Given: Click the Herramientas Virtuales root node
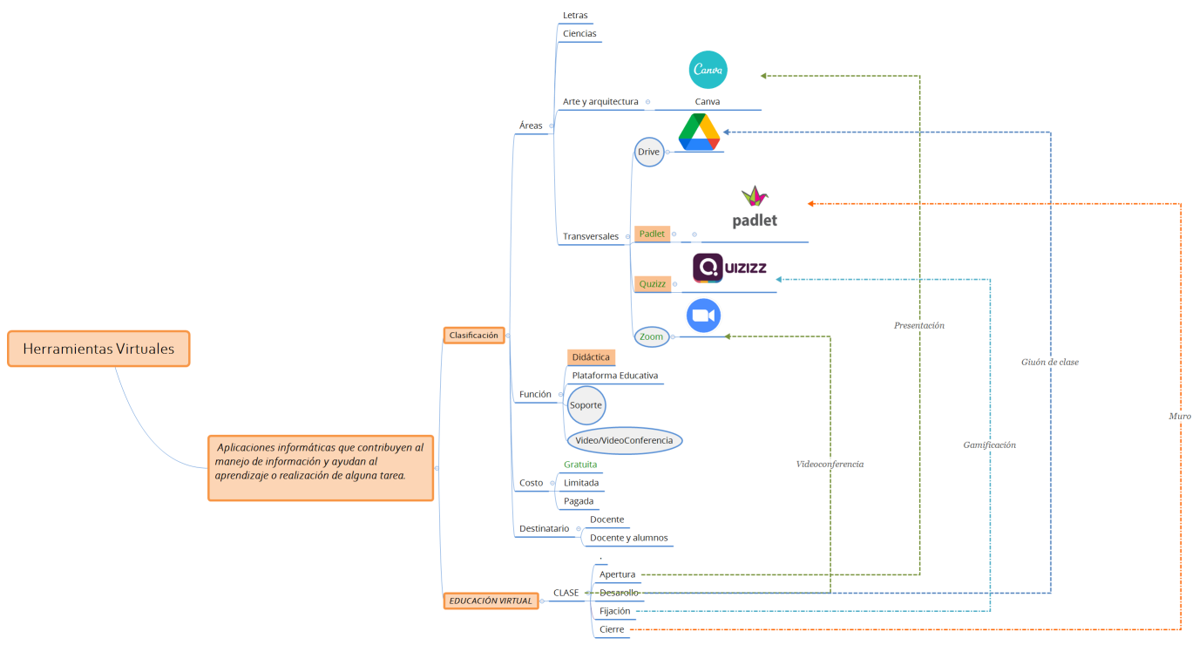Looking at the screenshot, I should coord(98,349).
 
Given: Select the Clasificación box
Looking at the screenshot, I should coord(473,335).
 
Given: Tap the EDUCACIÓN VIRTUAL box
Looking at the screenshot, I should coord(490,601).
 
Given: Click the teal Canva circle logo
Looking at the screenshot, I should coord(708,71).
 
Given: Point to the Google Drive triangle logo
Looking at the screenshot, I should coord(699,132).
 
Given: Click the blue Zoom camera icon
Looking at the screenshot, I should coord(703,316).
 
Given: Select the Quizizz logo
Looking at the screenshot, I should coord(729,268).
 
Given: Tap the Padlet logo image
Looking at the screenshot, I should coord(755,208).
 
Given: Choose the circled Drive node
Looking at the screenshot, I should coord(648,152).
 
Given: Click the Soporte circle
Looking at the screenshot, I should coord(586,405).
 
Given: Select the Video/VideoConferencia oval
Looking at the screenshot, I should coord(624,440).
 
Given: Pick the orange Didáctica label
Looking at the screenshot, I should coord(591,357).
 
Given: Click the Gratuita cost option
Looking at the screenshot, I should coord(580,465).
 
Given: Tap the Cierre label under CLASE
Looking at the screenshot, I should coord(613,628).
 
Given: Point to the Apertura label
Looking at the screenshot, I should coord(617,574).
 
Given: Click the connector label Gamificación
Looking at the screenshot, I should coord(989,445).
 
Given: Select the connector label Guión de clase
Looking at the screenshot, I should coord(1049,362).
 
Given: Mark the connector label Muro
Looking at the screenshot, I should coord(1179,417).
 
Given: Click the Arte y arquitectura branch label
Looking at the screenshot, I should coord(600,102).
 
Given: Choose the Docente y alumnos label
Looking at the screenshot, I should coord(628,538).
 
